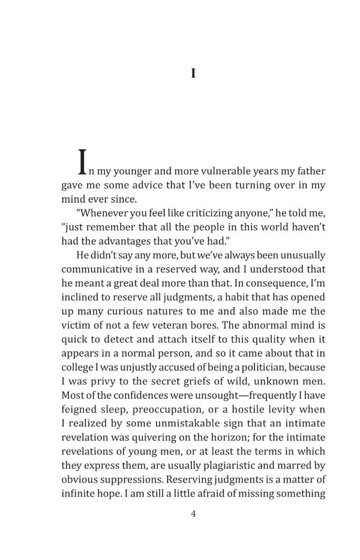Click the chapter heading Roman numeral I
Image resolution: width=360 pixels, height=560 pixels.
[x=193, y=73]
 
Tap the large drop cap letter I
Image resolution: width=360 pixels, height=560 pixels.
[x=83, y=162]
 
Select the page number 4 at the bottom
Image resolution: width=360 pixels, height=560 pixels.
[x=193, y=513]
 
